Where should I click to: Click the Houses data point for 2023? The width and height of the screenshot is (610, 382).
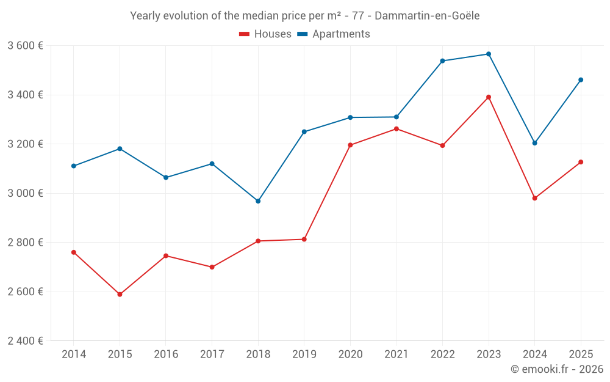489,97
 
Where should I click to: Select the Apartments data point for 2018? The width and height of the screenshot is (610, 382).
258,201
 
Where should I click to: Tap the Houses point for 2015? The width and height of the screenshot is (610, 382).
120,295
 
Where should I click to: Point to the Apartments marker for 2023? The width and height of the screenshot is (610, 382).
489,54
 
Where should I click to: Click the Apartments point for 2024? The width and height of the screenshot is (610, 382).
534,143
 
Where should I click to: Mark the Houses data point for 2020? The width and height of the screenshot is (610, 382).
350,145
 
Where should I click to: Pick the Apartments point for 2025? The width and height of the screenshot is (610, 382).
581,80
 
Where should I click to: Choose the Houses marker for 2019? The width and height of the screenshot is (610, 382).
304,239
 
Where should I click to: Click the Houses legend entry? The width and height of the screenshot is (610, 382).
265,34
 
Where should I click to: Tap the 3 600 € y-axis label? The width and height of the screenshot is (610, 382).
25,46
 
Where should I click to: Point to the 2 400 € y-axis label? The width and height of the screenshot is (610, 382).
25,340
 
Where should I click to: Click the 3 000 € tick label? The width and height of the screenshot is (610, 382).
25,193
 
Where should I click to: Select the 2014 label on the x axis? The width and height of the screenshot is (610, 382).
74,354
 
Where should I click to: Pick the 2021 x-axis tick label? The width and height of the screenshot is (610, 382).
396,354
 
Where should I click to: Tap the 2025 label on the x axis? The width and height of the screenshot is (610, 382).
581,354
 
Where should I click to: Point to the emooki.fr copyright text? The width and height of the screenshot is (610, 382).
556,369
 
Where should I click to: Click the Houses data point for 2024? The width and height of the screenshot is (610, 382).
534,198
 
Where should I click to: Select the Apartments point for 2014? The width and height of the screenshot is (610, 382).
74,166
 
